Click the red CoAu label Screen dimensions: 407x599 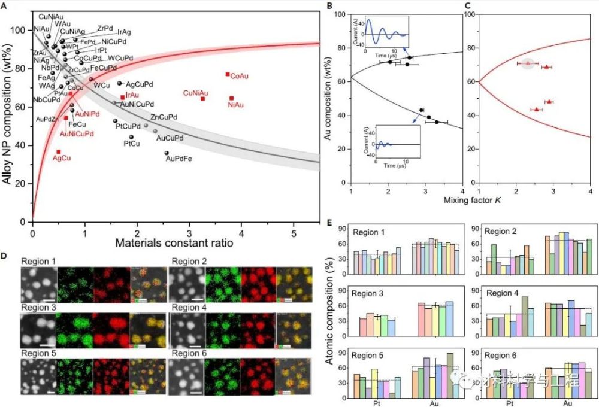[x=240, y=77]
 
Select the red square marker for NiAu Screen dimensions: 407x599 [x=232, y=98]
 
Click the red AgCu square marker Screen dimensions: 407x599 [x=59, y=152]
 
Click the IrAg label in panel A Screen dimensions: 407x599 [x=125, y=31]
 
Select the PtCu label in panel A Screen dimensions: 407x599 [x=132, y=144]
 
